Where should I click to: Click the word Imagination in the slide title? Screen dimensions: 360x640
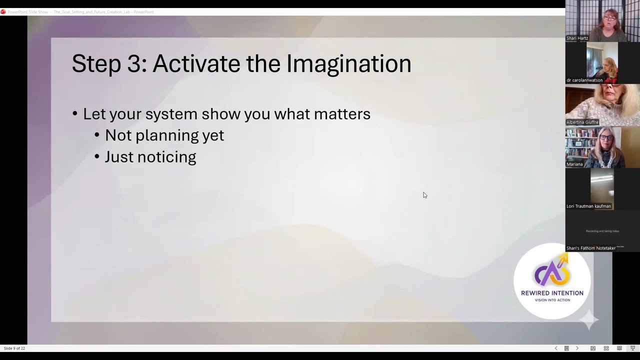(x=348, y=64)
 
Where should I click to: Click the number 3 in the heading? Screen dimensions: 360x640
(x=133, y=64)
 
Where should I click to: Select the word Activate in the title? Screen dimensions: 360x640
(x=196, y=64)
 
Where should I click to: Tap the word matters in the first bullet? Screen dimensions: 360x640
(x=342, y=114)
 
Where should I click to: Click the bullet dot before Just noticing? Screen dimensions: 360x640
(x=97, y=157)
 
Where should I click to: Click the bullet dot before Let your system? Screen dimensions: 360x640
(x=75, y=114)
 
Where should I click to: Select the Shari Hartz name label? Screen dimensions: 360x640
(x=577, y=38)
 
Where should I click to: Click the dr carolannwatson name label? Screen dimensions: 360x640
(x=584, y=80)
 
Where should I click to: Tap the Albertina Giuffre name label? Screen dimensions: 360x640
(x=582, y=122)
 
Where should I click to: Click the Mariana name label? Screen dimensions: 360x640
(x=574, y=164)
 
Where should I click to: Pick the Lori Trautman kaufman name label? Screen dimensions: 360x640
(x=588, y=206)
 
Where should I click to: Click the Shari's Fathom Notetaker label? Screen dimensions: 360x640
(x=590, y=248)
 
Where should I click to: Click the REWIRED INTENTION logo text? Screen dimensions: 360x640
(x=552, y=293)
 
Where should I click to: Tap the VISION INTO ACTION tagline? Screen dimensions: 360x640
(x=552, y=300)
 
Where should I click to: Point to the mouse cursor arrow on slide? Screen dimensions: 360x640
(x=424, y=195)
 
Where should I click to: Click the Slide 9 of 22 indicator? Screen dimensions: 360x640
(x=14, y=348)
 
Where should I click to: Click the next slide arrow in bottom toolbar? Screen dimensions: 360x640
(x=577, y=348)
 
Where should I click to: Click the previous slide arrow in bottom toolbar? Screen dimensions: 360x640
(x=555, y=348)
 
